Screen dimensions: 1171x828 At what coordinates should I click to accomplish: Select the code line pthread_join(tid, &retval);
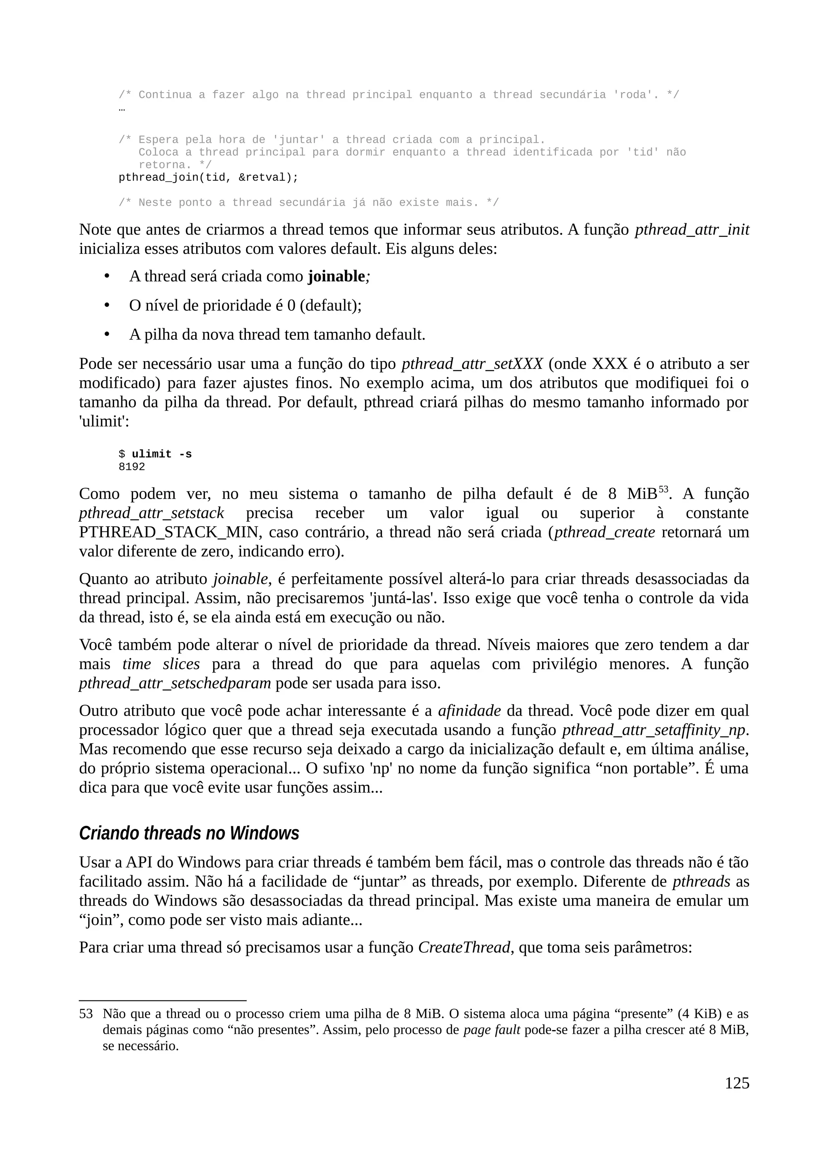208,177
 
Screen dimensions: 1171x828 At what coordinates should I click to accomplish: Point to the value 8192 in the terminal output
132,467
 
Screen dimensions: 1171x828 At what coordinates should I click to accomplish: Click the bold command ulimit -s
162,454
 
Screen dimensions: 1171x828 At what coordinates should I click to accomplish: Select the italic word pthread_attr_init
692,230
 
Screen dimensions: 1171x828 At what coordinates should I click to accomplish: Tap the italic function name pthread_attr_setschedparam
175,683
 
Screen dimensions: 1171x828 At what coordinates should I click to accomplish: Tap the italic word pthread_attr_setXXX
472,364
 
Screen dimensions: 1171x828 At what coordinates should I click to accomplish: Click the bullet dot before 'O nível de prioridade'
107,305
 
